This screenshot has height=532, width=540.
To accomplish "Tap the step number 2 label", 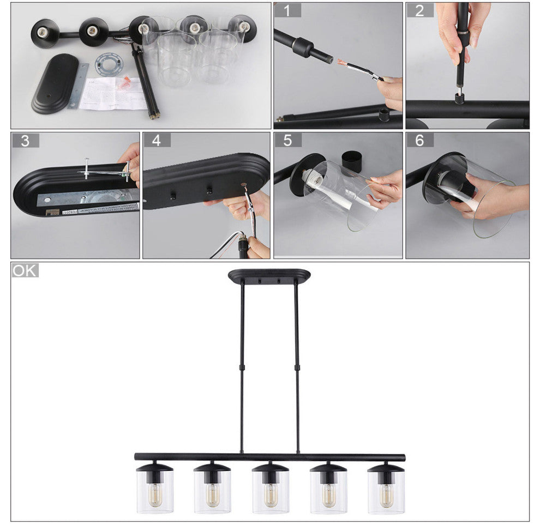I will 419,10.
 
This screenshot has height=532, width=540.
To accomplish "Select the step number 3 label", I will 25,140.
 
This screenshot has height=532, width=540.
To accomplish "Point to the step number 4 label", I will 157,140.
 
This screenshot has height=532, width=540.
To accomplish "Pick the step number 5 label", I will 287,140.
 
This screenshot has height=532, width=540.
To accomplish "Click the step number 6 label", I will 419,140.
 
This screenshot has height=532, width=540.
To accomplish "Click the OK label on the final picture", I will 25,270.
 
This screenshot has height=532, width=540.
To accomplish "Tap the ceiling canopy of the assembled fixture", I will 269,276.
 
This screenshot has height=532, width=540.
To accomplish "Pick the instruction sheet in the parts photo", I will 106,93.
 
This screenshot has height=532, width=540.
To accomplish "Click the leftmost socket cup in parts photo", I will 45,32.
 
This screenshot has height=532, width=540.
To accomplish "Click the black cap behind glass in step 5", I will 353,161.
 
